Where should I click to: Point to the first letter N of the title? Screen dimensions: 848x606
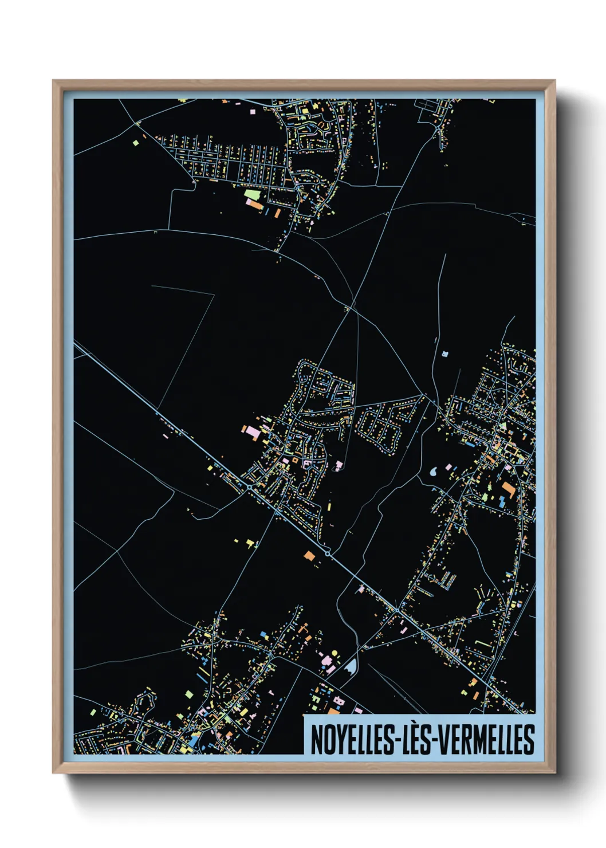pyautogui.click(x=316, y=739)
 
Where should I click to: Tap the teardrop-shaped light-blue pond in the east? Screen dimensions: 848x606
pyautogui.click(x=434, y=473)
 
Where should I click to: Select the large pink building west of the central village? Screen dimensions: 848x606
pyautogui.click(x=251, y=432)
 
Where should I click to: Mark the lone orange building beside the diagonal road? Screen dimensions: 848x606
pyautogui.click(x=309, y=555)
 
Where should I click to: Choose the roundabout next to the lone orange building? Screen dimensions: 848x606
pyautogui.click(x=327, y=553)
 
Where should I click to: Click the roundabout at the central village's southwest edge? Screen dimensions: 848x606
pyautogui.click(x=250, y=486)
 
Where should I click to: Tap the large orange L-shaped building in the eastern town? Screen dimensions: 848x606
pyautogui.click(x=508, y=489)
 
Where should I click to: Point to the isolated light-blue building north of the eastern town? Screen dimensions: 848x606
pyautogui.click(x=445, y=354)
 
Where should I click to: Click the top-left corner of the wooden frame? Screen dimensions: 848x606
pyautogui.click(x=53, y=81)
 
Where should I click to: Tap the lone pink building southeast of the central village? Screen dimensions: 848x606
pyautogui.click(x=339, y=465)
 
